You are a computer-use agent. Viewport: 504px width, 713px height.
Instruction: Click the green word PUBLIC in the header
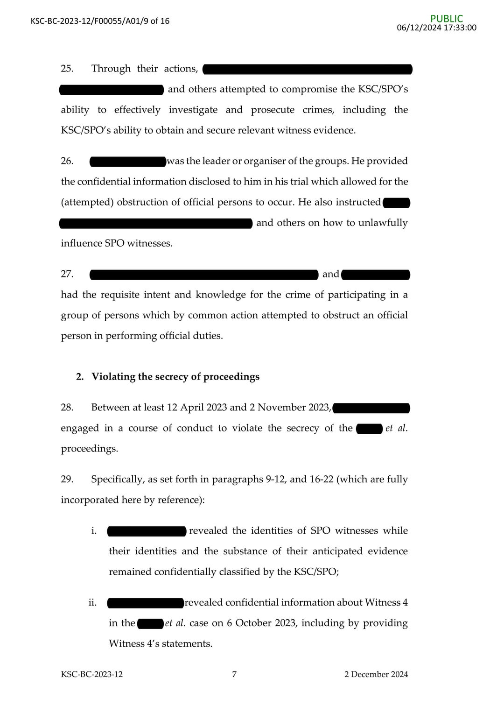[447, 19]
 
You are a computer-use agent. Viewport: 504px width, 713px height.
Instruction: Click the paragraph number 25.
[67, 69]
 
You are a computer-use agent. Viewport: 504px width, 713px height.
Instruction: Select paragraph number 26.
[67, 161]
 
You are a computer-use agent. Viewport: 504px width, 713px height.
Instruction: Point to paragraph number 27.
[67, 274]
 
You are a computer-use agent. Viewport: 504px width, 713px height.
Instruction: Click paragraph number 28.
[67, 408]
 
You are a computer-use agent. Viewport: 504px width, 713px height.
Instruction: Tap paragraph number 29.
[67, 480]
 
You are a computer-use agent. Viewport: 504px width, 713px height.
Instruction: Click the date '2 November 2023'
[289, 408]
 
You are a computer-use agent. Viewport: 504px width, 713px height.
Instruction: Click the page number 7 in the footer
[234, 674]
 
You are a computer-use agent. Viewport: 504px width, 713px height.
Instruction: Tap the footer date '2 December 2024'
[376, 674]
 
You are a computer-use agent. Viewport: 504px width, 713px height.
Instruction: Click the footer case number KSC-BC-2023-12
[92, 674]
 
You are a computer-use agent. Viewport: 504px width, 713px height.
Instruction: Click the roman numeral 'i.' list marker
[94, 531]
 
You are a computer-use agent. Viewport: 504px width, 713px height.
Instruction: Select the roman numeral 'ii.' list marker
[92, 603]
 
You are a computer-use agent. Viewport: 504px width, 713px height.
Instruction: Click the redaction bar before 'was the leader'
[128, 162]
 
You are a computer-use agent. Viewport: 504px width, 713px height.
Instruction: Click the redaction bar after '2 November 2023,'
[371, 408]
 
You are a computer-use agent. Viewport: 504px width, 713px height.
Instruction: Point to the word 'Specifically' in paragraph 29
[118, 480]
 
